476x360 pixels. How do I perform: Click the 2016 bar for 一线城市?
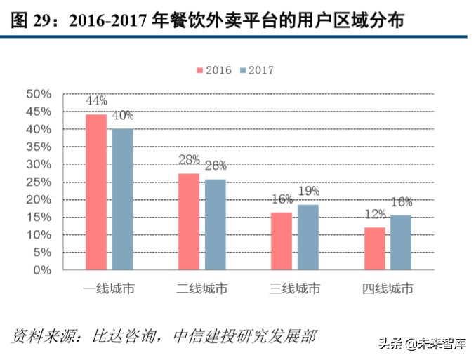96,192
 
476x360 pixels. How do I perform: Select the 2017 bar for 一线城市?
122,199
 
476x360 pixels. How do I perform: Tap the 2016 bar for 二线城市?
189,221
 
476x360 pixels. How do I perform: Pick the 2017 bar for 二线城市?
215,225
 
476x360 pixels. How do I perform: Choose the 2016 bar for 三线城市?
282,241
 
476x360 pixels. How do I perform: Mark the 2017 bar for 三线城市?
308,236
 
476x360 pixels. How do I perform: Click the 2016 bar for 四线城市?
374,248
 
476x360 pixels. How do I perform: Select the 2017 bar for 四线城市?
400,242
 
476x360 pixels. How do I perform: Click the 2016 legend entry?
214,70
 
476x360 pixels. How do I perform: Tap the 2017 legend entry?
256,70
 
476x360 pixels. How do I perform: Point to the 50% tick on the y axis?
38,94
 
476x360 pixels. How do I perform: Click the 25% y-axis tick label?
38,182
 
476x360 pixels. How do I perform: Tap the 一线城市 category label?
109,288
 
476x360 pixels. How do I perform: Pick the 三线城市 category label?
294,288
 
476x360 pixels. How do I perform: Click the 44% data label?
95,101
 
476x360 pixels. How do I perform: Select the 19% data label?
308,191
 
